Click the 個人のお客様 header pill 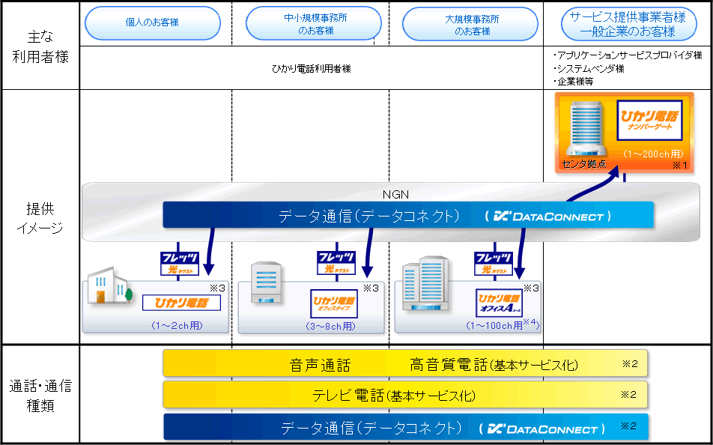[x=152, y=24]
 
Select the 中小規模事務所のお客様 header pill [x=314, y=24]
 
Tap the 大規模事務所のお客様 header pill [x=470, y=24]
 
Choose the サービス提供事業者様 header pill [x=628, y=24]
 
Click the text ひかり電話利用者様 [x=312, y=69]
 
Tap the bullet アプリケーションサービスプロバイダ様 [x=628, y=55]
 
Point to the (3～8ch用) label [x=330, y=326]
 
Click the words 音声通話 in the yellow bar [x=320, y=366]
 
